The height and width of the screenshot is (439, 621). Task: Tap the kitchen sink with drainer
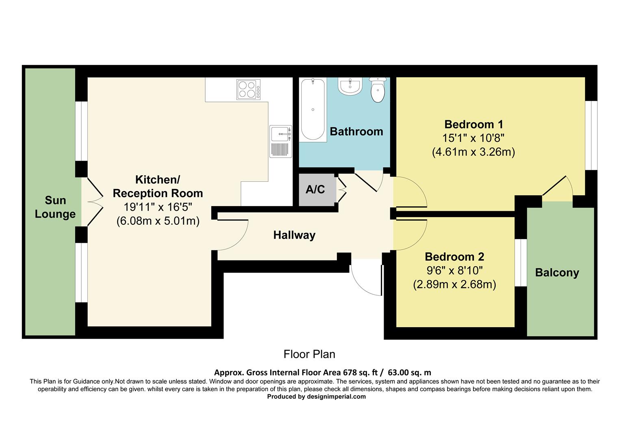pos(280,141)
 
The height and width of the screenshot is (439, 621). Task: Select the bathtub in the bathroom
pos(313,109)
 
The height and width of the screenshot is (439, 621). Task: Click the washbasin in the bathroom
pos(350,86)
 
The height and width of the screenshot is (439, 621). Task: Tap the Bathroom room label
pos(356,132)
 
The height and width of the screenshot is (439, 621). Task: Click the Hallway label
pos(294,235)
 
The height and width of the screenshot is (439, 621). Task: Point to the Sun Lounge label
pos(55,207)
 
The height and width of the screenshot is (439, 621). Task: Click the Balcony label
pos(557,272)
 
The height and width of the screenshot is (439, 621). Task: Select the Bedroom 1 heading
pos(473,124)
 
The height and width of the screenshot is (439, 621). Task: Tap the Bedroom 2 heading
pos(454,257)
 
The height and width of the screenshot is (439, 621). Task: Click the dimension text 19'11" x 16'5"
pos(158,207)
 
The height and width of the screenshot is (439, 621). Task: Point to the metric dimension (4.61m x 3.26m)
pos(473,152)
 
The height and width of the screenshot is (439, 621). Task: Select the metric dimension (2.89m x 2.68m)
pos(454,285)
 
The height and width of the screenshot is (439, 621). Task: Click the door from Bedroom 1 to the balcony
pos(558,188)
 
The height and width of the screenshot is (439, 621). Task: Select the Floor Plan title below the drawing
pos(309,354)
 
